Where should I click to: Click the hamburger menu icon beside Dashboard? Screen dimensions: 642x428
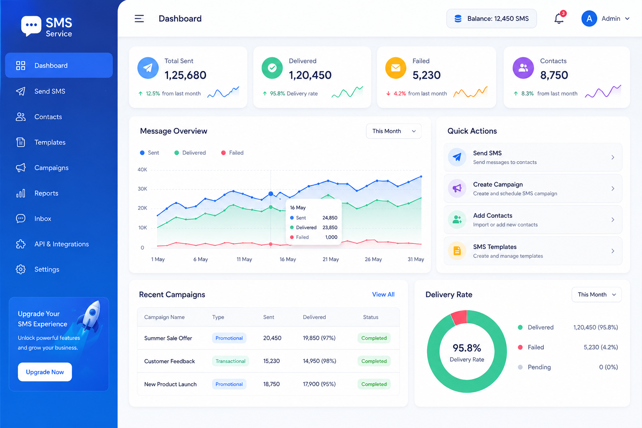pos(139,19)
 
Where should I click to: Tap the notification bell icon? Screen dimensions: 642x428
pos(558,19)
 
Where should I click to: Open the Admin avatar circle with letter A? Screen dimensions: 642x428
pos(589,19)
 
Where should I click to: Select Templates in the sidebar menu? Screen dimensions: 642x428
pos(50,142)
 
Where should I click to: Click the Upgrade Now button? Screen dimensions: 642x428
pos(45,372)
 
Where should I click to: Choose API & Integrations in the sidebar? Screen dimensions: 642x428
pos(61,244)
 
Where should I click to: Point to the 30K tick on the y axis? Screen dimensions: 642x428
pos(142,189)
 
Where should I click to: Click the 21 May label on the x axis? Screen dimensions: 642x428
pos(331,259)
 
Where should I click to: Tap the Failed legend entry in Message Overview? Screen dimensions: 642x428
pos(232,153)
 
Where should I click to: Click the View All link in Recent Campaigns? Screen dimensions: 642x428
pos(383,294)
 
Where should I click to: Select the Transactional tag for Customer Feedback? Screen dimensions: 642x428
pos(230,361)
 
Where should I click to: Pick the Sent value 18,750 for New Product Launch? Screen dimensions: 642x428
pos(271,384)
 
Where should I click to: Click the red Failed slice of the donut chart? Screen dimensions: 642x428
pos(459,317)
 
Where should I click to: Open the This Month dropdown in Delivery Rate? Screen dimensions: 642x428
pos(596,294)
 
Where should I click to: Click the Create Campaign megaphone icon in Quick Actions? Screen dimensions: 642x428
pos(457,189)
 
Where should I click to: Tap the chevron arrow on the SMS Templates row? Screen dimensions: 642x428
pos(613,251)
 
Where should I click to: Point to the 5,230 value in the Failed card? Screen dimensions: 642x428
pos(426,75)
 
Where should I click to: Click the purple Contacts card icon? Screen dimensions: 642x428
pos(523,68)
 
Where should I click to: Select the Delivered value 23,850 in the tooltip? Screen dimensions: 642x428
pos(330,227)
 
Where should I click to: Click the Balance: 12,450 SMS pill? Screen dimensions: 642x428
pos(492,19)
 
